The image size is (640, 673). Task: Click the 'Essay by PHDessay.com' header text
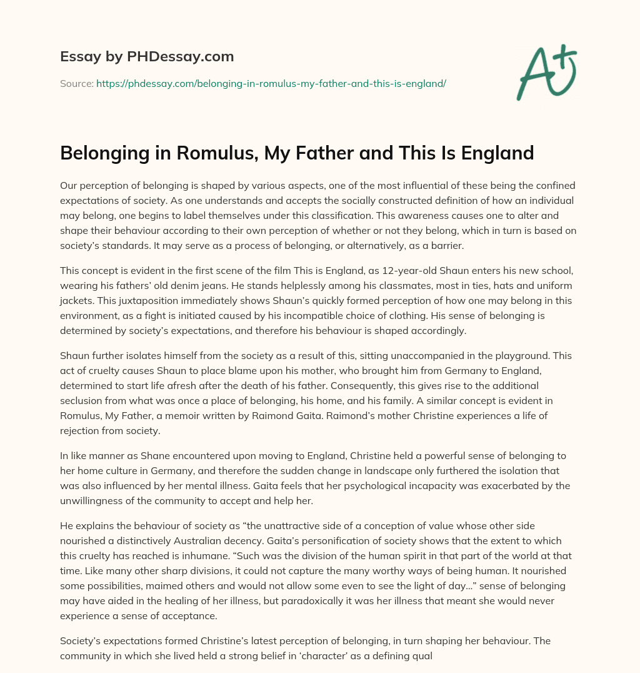point(147,57)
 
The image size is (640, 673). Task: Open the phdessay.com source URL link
point(271,83)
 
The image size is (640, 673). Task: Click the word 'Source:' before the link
point(77,83)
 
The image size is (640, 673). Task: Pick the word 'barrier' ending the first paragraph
point(444,245)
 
